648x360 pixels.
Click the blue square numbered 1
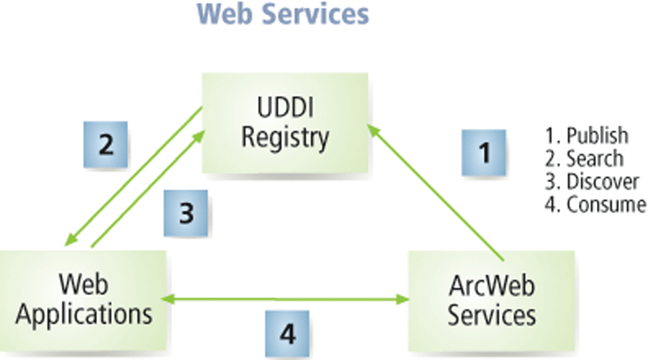[x=485, y=153]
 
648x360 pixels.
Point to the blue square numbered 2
[x=105, y=145]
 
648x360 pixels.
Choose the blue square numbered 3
[x=186, y=214]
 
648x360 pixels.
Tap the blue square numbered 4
[x=287, y=333]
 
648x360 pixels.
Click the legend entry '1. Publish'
[x=587, y=135]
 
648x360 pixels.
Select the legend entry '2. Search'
[x=584, y=158]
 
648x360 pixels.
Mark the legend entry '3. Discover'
[x=593, y=181]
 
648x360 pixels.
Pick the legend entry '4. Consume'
[x=595, y=204]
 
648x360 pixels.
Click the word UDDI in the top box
[x=284, y=109]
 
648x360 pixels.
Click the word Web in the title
[x=221, y=14]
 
